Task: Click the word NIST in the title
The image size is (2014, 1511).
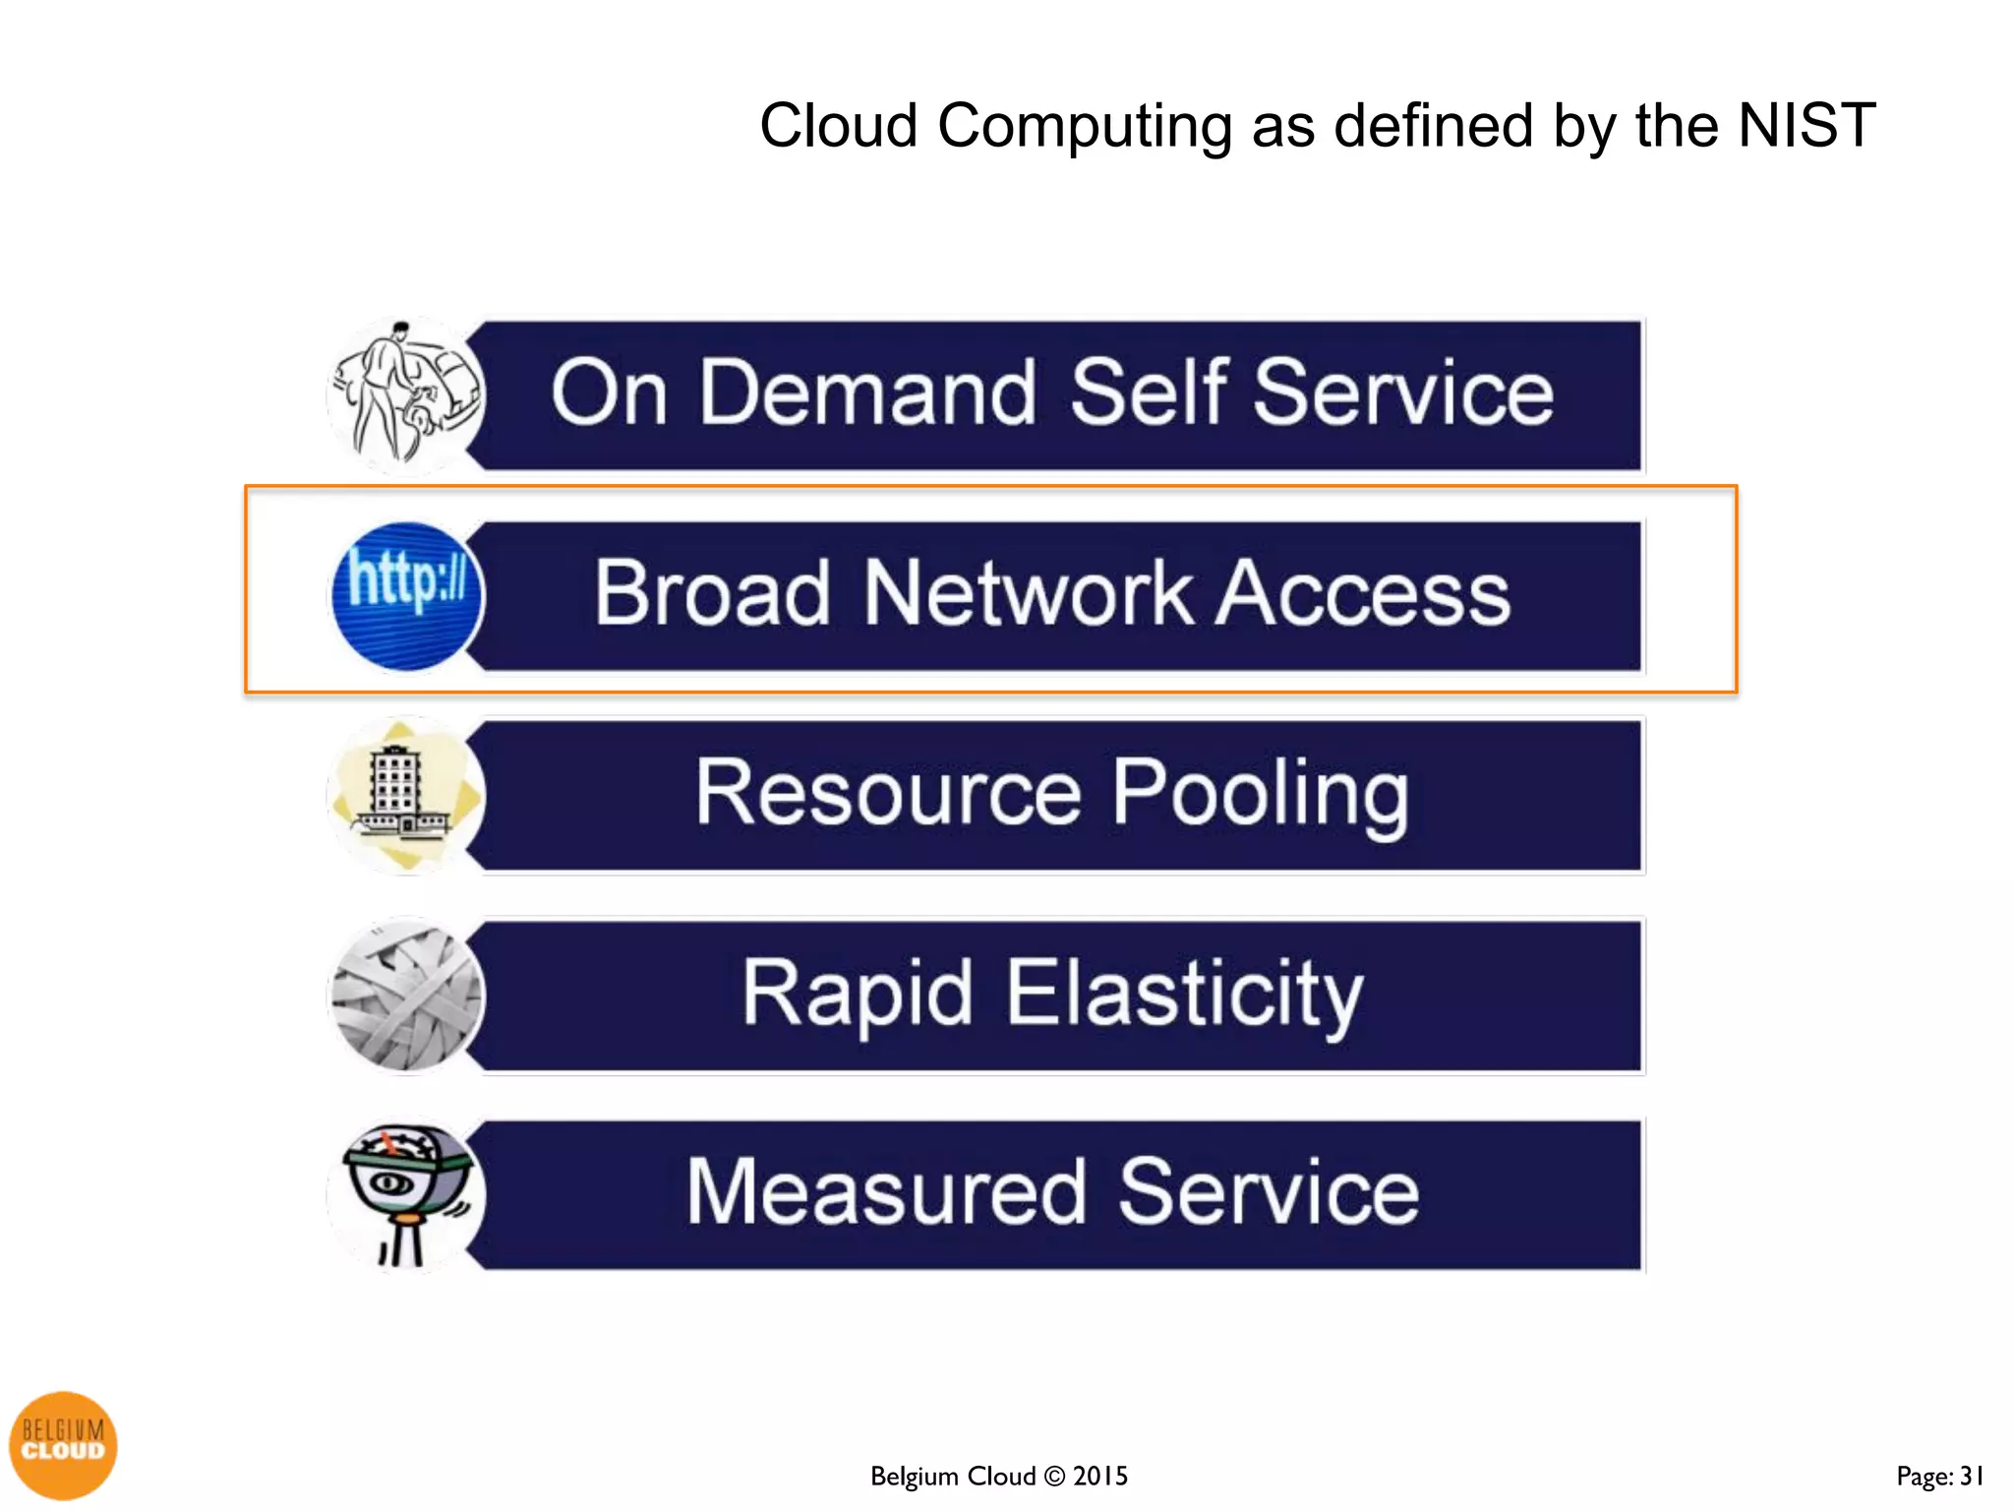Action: (x=1807, y=126)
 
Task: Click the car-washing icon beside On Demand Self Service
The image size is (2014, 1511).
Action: (x=404, y=395)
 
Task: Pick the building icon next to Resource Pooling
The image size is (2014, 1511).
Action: (x=404, y=795)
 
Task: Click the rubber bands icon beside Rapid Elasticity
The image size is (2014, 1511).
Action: (x=406, y=996)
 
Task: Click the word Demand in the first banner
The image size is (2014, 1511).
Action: (x=867, y=393)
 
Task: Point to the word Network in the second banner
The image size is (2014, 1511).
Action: (x=1028, y=593)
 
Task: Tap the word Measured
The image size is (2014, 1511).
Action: (x=885, y=1192)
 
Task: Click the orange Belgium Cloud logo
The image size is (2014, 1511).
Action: (x=63, y=1445)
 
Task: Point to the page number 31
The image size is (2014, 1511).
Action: (x=1972, y=1476)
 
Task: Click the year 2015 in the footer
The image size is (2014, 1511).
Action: (x=1100, y=1476)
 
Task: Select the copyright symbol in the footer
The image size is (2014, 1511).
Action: (x=1054, y=1476)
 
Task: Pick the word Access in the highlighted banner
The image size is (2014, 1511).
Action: (x=1363, y=593)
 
